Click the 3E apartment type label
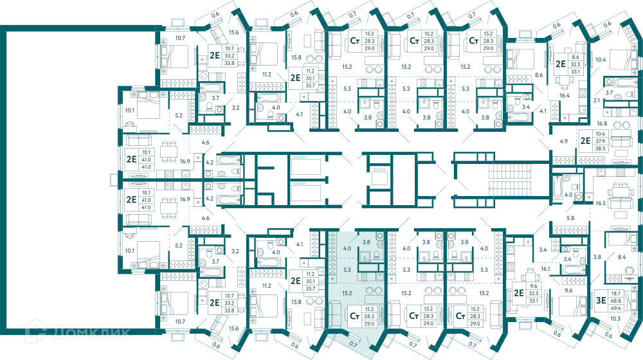[601, 301]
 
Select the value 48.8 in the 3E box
[615, 301]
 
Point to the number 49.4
[615, 308]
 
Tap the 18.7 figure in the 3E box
[615, 294]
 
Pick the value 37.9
[601, 141]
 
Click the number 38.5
[601, 148]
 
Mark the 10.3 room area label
[615, 319]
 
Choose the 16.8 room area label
[602, 123]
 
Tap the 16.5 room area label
[601, 203]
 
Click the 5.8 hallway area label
[570, 218]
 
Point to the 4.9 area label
[564, 141]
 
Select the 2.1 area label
[597, 100]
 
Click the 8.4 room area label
[622, 257]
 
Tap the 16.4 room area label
[565, 96]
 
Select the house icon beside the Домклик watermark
[35, 332]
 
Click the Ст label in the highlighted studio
[355, 316]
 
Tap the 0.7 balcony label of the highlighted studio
[354, 345]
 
